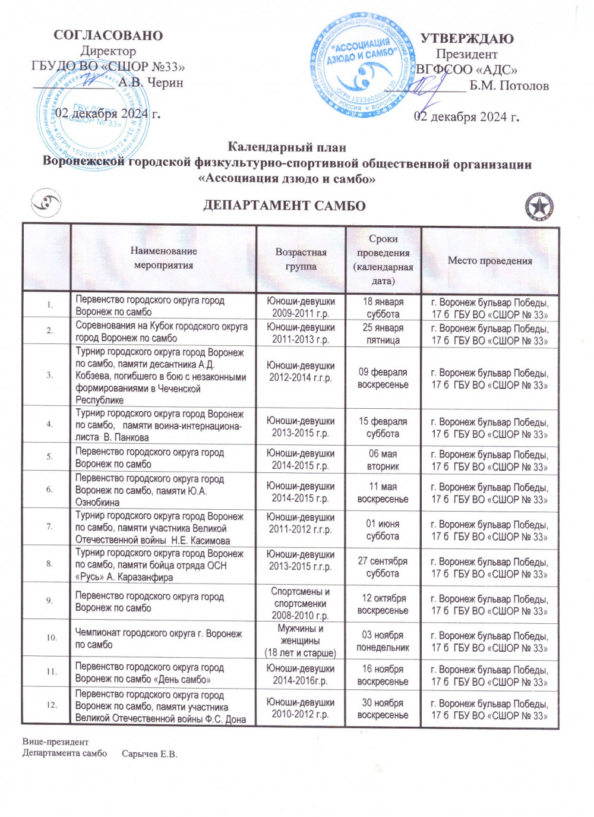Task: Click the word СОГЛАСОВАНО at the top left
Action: (108, 35)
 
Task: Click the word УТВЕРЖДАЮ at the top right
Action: (467, 39)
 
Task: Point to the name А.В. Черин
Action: (150, 83)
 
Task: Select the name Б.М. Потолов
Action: (509, 86)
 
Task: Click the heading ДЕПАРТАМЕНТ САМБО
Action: (284, 206)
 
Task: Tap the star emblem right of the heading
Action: (539, 207)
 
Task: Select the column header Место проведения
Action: (489, 260)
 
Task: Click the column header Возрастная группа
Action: (301, 259)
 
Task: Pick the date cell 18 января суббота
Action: (383, 308)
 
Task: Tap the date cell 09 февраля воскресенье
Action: (383, 378)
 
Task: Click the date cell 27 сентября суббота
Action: (383, 567)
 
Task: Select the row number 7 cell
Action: (49, 526)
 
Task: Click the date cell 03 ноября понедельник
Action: (383, 641)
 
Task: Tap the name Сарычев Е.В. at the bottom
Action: (149, 754)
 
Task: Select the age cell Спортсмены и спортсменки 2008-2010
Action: (301, 603)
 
